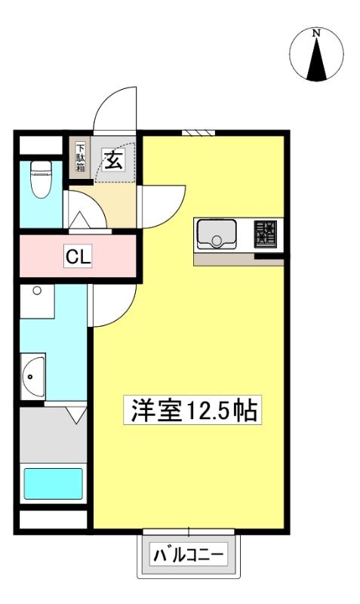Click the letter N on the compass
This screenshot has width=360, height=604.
[x=316, y=33]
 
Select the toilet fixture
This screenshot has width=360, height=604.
[x=41, y=179]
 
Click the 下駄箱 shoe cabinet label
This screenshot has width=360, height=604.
[x=80, y=157]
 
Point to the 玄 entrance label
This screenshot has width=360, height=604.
[x=112, y=160]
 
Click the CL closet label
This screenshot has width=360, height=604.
[x=78, y=256]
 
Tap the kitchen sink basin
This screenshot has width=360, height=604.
[x=217, y=234]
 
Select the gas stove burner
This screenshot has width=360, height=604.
[x=265, y=234]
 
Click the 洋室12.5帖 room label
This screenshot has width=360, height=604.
[x=193, y=410]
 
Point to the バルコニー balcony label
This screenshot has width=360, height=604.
[x=189, y=555]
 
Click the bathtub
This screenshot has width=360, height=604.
[x=54, y=484]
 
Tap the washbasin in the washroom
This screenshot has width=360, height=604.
[x=32, y=376]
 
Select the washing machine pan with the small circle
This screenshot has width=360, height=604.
[x=37, y=301]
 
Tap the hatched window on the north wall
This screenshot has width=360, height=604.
[x=198, y=133]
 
